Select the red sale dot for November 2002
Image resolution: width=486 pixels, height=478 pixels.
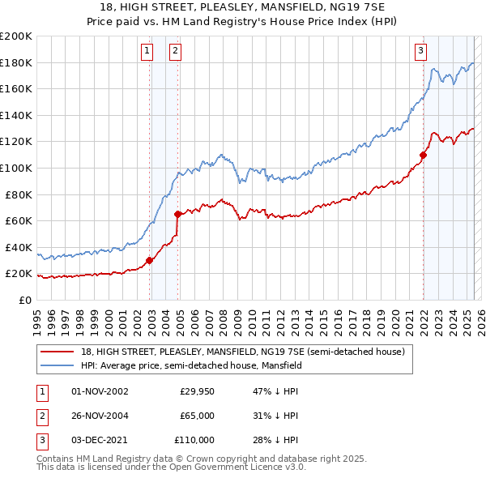149,260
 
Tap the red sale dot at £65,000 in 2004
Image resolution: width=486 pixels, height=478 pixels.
178,214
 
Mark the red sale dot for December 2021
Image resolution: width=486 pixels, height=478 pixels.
423,155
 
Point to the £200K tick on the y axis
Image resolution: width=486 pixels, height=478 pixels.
17,36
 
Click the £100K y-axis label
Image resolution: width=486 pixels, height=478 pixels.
17,168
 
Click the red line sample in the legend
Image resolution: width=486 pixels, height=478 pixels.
58,351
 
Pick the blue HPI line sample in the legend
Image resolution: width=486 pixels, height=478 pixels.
58,365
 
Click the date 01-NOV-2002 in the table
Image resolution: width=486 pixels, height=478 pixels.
100,391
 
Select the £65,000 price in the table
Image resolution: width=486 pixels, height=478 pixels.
197,416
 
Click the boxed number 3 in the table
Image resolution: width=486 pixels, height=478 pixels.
41,440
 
